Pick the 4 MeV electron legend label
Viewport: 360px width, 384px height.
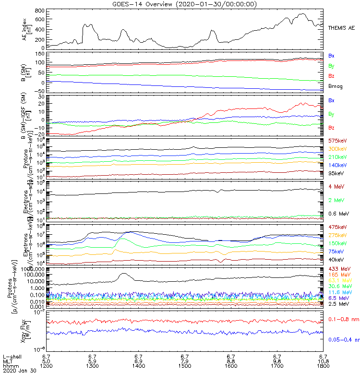coord(335,186)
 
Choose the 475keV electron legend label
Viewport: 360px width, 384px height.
coord(337,227)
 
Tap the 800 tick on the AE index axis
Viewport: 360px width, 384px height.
coord(40,11)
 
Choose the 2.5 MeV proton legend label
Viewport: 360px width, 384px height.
coord(337,304)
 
